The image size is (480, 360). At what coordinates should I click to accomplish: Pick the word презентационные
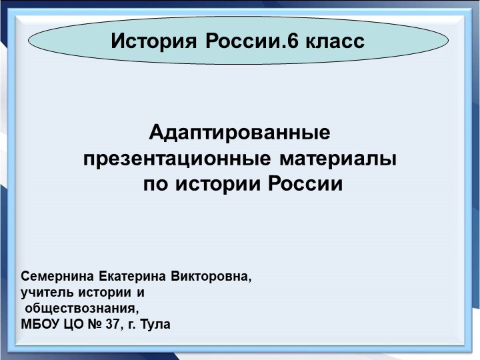176,160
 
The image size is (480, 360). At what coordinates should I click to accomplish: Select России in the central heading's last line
305,184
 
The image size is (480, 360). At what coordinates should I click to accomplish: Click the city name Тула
156,325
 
